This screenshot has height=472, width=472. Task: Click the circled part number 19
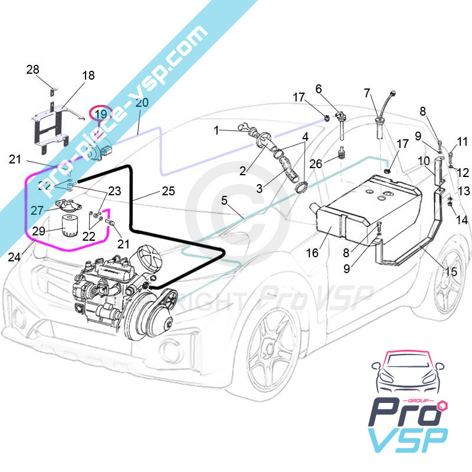point(101,114)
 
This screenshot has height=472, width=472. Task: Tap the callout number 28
point(32,70)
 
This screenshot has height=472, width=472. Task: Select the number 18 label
point(88,76)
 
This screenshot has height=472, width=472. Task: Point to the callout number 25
point(168,191)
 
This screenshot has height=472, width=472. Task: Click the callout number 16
point(312,253)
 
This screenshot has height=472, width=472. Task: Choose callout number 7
point(368,93)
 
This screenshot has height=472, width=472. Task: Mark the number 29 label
point(39,231)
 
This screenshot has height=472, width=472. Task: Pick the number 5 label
point(224,200)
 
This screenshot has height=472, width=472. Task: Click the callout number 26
point(316,163)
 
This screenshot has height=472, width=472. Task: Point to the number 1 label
point(217,129)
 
